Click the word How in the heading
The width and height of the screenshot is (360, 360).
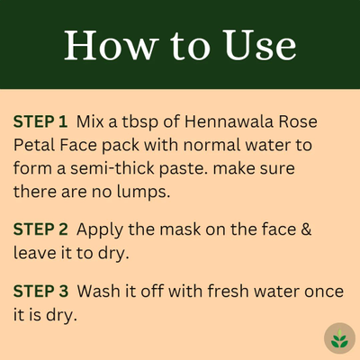[x=112, y=45]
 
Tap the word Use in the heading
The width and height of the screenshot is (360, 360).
[x=260, y=45]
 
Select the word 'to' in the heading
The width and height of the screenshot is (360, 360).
[x=191, y=47]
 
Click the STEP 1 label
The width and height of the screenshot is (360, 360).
[x=40, y=121]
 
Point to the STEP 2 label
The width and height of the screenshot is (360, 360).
[x=40, y=229]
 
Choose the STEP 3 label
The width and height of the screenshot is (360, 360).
[x=40, y=291]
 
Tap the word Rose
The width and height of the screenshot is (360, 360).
[x=298, y=121]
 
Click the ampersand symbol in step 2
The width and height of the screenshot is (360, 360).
[x=306, y=229]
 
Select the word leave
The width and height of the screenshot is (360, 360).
[x=35, y=253]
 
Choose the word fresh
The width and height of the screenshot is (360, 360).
[x=228, y=291]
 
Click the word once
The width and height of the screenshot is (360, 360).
[x=324, y=292]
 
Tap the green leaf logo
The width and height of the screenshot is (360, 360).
[x=339, y=338]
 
